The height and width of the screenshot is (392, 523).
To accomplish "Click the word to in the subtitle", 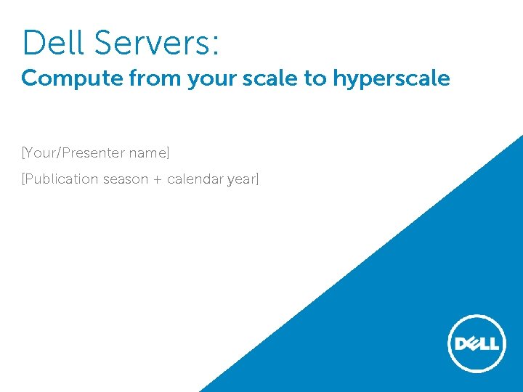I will coord(315,79).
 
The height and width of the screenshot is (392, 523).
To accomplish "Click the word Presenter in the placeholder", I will coord(94,153).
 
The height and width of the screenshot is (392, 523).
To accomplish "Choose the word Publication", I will coord(61,179).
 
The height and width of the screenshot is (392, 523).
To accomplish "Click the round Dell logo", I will coord(476,343).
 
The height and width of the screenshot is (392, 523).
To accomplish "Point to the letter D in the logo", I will coord(458,343).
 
